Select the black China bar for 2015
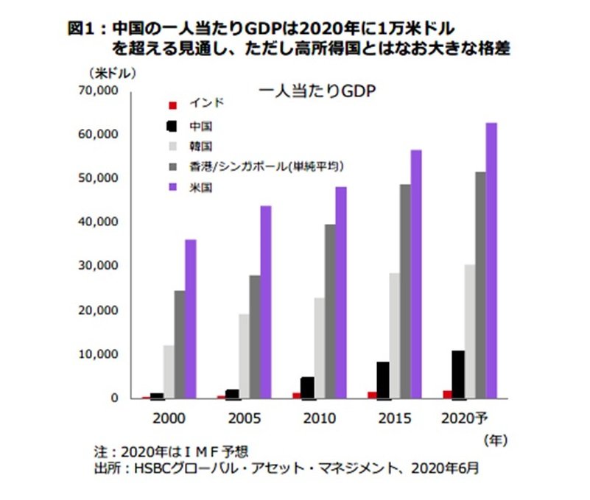[x=383, y=380]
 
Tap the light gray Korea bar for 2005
[x=242, y=356]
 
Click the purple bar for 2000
[x=190, y=319]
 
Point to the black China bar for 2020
[x=458, y=374]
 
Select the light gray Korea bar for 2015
[x=395, y=336]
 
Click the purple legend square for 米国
[x=172, y=188]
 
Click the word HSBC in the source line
[x=151, y=467]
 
